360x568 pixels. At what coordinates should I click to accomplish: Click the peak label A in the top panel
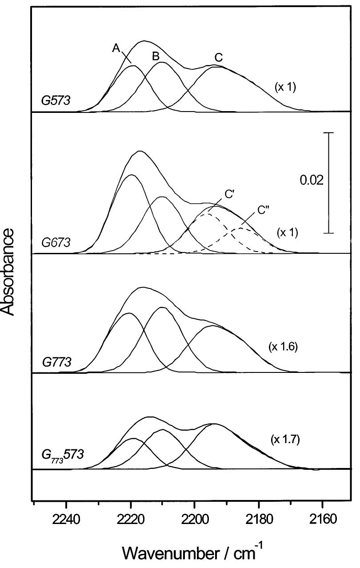point(116,49)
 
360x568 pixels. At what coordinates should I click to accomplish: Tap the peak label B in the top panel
point(156,56)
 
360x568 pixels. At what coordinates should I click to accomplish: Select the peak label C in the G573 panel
point(218,57)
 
